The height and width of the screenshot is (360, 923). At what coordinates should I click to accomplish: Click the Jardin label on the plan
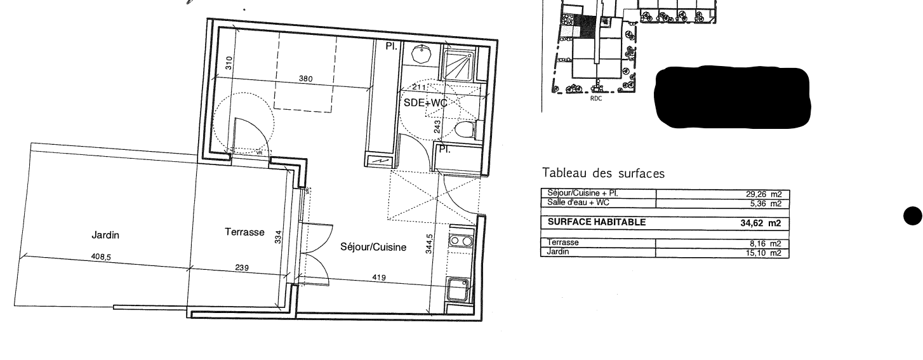click(x=105, y=235)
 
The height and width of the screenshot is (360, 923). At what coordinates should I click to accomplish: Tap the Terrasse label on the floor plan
click(x=245, y=232)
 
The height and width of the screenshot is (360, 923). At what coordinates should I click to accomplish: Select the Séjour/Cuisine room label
click(x=373, y=247)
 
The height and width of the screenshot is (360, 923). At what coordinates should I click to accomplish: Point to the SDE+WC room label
click(x=425, y=103)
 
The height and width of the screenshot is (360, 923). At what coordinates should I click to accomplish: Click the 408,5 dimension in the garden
click(x=101, y=257)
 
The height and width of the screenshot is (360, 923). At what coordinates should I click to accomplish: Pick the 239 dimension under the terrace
click(x=242, y=268)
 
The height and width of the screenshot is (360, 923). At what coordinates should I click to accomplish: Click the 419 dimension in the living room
click(x=379, y=277)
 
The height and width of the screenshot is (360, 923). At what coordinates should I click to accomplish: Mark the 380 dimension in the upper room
click(x=306, y=79)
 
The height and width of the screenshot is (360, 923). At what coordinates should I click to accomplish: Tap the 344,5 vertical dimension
click(x=429, y=244)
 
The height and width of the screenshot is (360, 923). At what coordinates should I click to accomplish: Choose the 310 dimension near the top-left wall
click(x=230, y=63)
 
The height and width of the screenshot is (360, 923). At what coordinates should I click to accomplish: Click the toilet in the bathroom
click(x=467, y=130)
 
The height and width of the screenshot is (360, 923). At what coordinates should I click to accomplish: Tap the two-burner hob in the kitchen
click(x=460, y=241)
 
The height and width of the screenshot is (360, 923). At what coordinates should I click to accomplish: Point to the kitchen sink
click(x=458, y=290)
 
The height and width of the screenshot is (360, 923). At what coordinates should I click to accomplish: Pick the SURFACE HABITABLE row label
click(x=597, y=222)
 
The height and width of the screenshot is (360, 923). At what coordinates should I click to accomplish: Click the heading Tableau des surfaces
click(x=603, y=173)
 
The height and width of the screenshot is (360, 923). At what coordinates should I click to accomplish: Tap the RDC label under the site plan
click(x=596, y=99)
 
